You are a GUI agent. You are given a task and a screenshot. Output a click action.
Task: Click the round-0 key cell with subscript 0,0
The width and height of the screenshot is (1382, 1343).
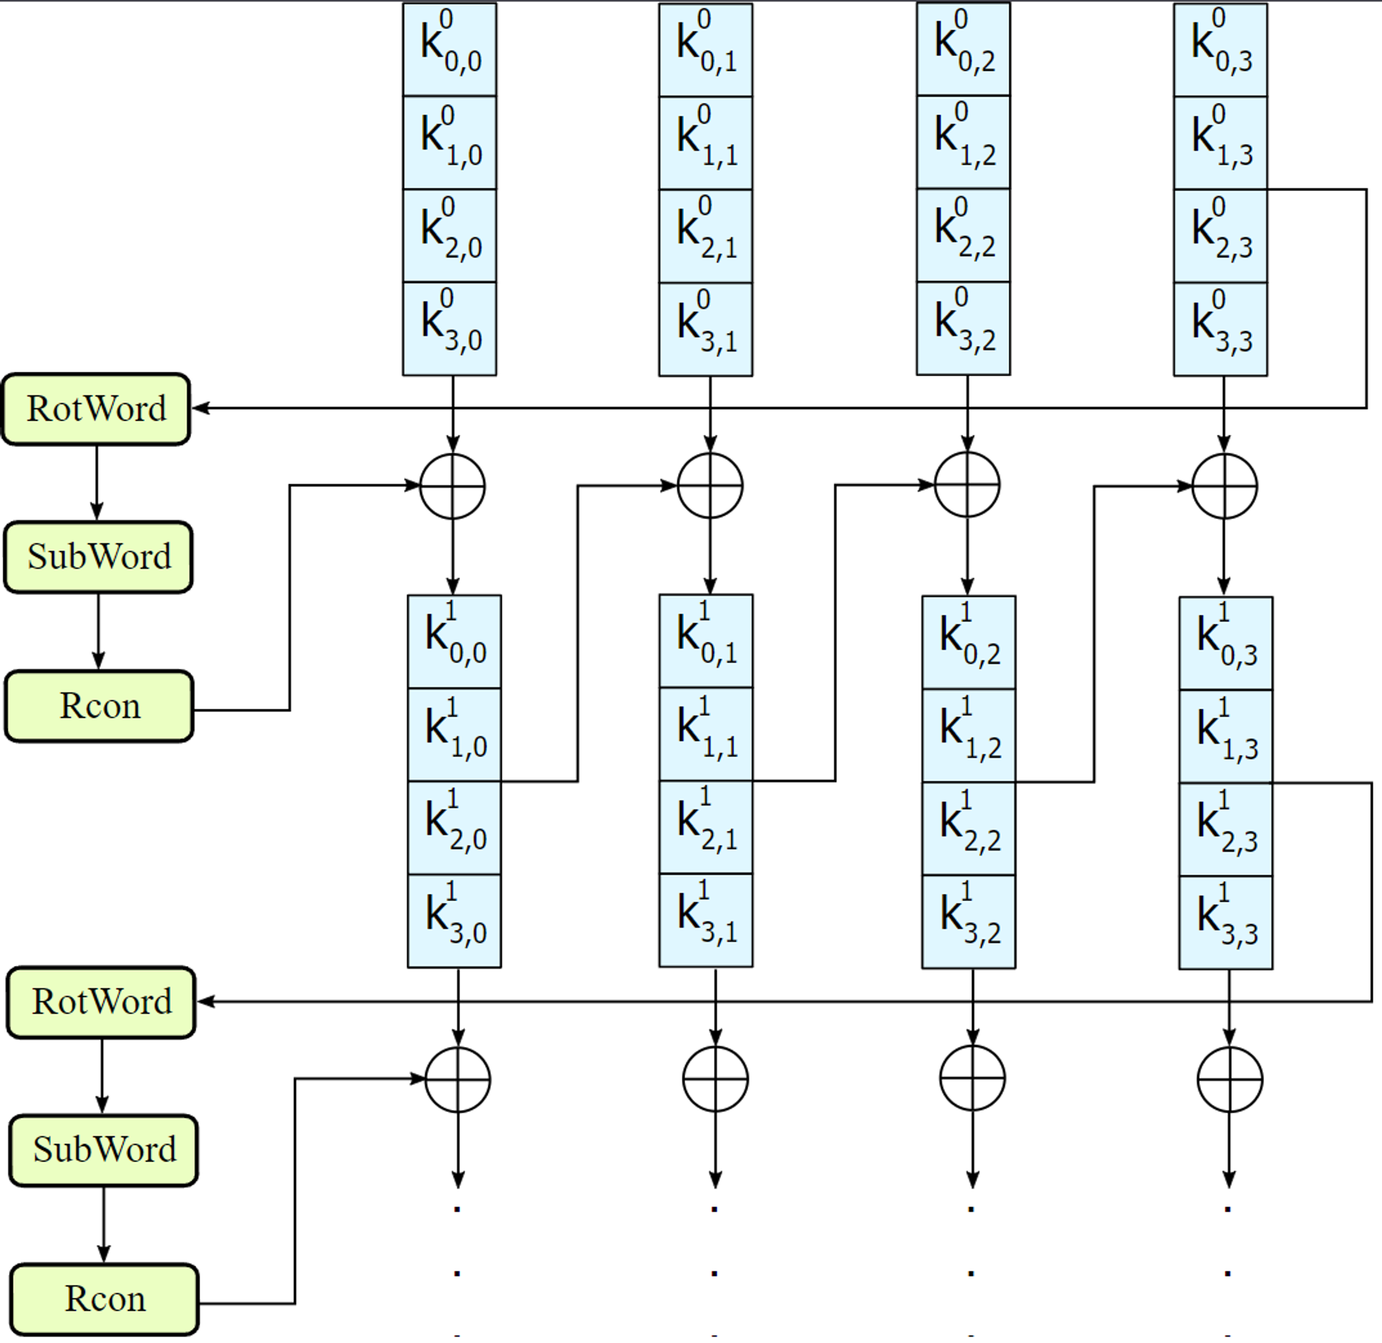(449, 49)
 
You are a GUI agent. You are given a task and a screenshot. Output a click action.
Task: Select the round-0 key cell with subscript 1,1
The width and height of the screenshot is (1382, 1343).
(705, 143)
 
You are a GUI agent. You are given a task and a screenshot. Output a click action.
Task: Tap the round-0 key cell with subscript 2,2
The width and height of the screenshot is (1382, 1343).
(963, 235)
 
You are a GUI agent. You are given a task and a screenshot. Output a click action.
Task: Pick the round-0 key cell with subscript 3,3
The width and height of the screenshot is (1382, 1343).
(1220, 329)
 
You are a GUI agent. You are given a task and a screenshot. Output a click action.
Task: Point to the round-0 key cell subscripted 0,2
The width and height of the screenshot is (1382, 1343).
(963, 49)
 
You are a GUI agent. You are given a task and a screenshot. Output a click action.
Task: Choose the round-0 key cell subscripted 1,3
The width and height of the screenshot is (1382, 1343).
(1220, 143)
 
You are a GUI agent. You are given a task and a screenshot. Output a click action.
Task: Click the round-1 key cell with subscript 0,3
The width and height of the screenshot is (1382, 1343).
(1225, 643)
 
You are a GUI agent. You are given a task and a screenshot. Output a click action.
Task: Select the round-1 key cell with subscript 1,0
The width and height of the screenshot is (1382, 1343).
(454, 734)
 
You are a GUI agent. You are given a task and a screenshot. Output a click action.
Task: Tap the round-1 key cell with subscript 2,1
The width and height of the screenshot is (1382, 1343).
(705, 827)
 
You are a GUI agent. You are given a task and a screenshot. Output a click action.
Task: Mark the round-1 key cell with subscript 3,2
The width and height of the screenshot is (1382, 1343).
(969, 922)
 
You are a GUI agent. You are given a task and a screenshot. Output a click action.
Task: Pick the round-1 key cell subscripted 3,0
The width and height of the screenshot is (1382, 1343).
(454, 921)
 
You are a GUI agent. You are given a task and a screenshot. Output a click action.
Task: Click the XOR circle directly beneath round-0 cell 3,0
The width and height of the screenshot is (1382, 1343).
(452, 486)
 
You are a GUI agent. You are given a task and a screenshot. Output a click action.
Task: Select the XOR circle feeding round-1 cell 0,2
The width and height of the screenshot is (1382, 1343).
(967, 485)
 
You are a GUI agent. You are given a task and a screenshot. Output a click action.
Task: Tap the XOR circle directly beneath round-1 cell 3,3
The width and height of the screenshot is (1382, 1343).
(1230, 1079)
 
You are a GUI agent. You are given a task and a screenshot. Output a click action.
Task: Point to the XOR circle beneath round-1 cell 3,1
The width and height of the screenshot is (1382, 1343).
(715, 1079)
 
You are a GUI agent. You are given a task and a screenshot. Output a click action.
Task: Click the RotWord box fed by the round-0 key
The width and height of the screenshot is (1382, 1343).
(97, 408)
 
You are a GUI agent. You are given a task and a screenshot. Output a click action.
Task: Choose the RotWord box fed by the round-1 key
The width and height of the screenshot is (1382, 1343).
(102, 1002)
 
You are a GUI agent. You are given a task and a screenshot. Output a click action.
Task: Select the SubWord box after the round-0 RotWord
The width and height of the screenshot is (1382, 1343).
(99, 557)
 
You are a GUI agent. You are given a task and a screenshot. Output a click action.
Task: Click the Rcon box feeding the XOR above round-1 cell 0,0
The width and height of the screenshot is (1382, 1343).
(99, 707)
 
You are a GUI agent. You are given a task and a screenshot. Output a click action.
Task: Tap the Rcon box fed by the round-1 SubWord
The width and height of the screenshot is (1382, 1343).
(104, 1299)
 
